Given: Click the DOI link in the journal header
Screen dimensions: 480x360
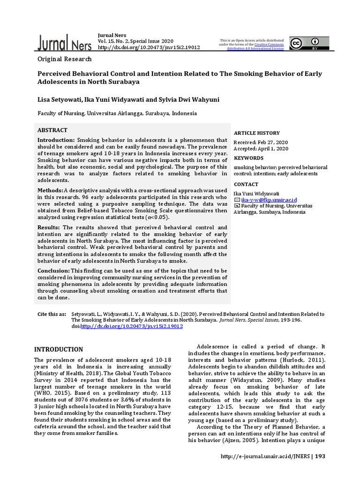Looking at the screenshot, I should click(149, 47).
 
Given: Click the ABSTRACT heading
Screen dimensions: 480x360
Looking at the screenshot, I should click(52, 130).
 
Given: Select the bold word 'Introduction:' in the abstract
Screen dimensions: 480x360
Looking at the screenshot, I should click(56, 140).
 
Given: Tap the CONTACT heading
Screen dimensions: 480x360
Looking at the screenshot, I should click(247, 184).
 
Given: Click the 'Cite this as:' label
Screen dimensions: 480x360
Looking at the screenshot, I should click(52, 314).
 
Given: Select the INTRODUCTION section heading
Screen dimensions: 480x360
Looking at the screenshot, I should click(59, 349).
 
